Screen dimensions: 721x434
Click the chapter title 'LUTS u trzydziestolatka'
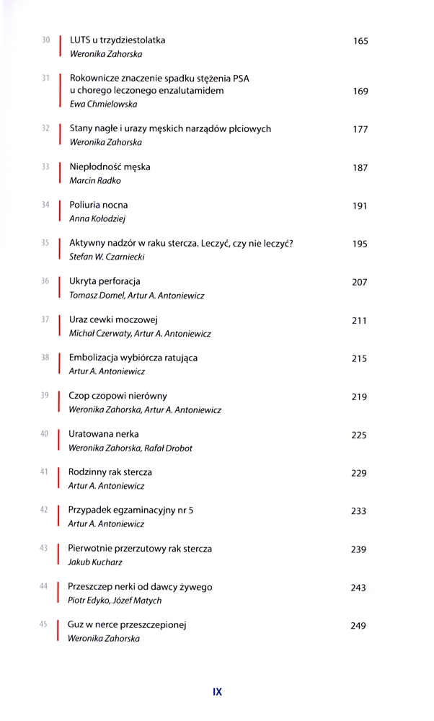coord(117,40)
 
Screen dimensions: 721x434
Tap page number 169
coord(360,92)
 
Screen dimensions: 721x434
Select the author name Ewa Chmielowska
coord(103,105)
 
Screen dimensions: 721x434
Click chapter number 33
coord(45,167)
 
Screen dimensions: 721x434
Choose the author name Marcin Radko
coord(94,180)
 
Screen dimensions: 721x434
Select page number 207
coord(360,282)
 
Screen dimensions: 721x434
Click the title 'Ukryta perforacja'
coord(105,281)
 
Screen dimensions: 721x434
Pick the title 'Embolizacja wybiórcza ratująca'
coord(133,358)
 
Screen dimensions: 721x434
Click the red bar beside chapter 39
coord(58,402)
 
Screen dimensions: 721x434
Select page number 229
coord(359,473)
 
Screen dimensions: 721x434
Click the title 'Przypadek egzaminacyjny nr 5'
coord(130,510)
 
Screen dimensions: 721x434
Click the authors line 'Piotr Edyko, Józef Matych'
coord(115,600)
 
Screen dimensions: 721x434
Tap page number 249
coord(358,626)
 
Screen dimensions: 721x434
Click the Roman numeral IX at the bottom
coord(217,691)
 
